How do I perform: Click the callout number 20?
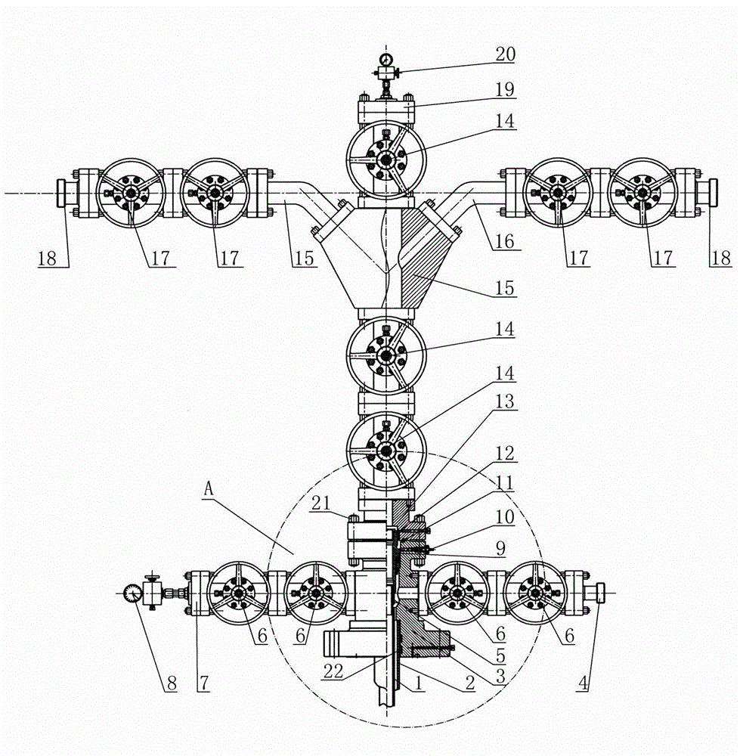click(x=505, y=54)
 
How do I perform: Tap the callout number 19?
click(x=505, y=89)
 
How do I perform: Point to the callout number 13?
click(x=505, y=401)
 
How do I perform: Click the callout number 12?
click(x=505, y=454)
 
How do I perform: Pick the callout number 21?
click(x=321, y=503)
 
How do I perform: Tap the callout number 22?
click(x=333, y=671)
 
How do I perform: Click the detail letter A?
click(x=208, y=489)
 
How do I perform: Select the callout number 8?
click(x=172, y=683)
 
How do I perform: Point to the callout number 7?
click(x=204, y=683)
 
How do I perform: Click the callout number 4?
click(x=583, y=683)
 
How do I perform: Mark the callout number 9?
click(x=500, y=548)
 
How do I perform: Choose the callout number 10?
click(x=505, y=517)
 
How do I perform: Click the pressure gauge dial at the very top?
click(x=385, y=59)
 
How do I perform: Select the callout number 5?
click(x=500, y=655)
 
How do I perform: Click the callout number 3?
click(x=500, y=675)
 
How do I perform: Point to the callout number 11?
click(x=505, y=482)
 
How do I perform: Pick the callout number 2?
click(x=469, y=683)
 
